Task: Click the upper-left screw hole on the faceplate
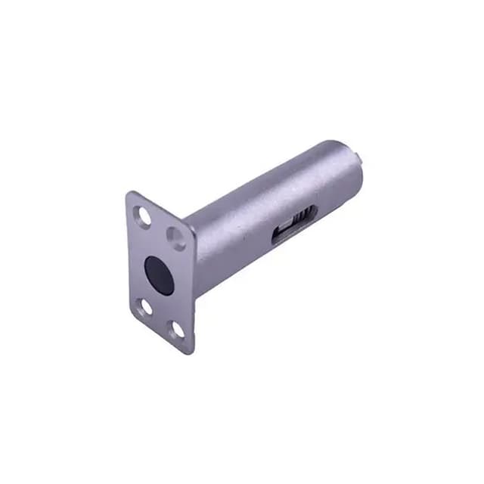pos(142,216)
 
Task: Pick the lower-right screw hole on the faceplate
pos(177,330)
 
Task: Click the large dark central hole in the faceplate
pos(159,275)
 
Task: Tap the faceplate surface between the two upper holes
pos(160,227)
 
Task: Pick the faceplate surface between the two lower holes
pos(160,318)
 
